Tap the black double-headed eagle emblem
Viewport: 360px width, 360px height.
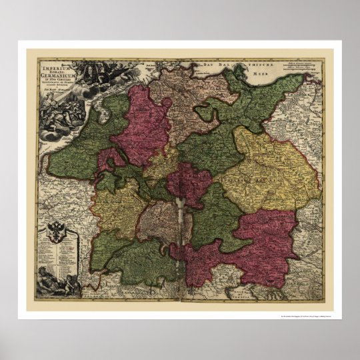pos(57,234)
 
